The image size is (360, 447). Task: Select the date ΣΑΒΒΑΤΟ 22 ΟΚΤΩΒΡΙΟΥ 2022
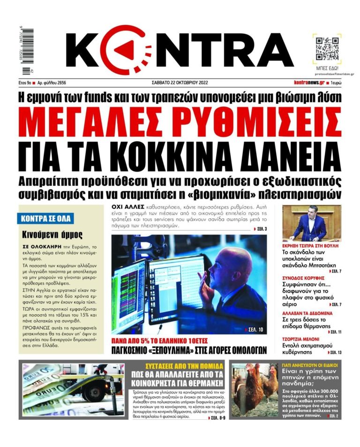180,83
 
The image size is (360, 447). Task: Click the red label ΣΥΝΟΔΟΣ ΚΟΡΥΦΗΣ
305,278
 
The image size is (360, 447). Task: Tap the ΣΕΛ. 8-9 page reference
216,417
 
